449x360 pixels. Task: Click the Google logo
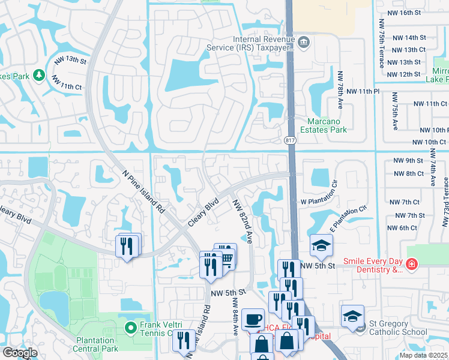[20, 353]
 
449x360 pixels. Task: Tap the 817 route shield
[291, 140]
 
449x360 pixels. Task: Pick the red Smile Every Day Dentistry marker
[411, 264]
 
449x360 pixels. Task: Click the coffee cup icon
[253, 318]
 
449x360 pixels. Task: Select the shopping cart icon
[227, 257]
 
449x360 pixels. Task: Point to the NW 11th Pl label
[366, 91]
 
